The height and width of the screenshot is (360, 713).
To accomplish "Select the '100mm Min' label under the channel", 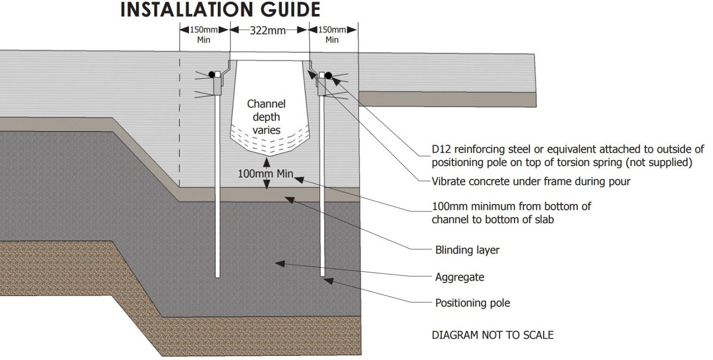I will (266, 174).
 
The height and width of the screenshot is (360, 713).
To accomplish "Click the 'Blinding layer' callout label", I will (467, 250).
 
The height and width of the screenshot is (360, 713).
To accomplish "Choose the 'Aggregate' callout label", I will (460, 277).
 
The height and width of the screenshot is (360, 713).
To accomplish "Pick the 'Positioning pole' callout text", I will (473, 303).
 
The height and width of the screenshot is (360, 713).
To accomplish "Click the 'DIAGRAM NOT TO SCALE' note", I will (493, 334).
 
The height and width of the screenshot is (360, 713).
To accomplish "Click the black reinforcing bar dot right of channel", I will (329, 75).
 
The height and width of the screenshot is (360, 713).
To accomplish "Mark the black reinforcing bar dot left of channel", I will (212, 74).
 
